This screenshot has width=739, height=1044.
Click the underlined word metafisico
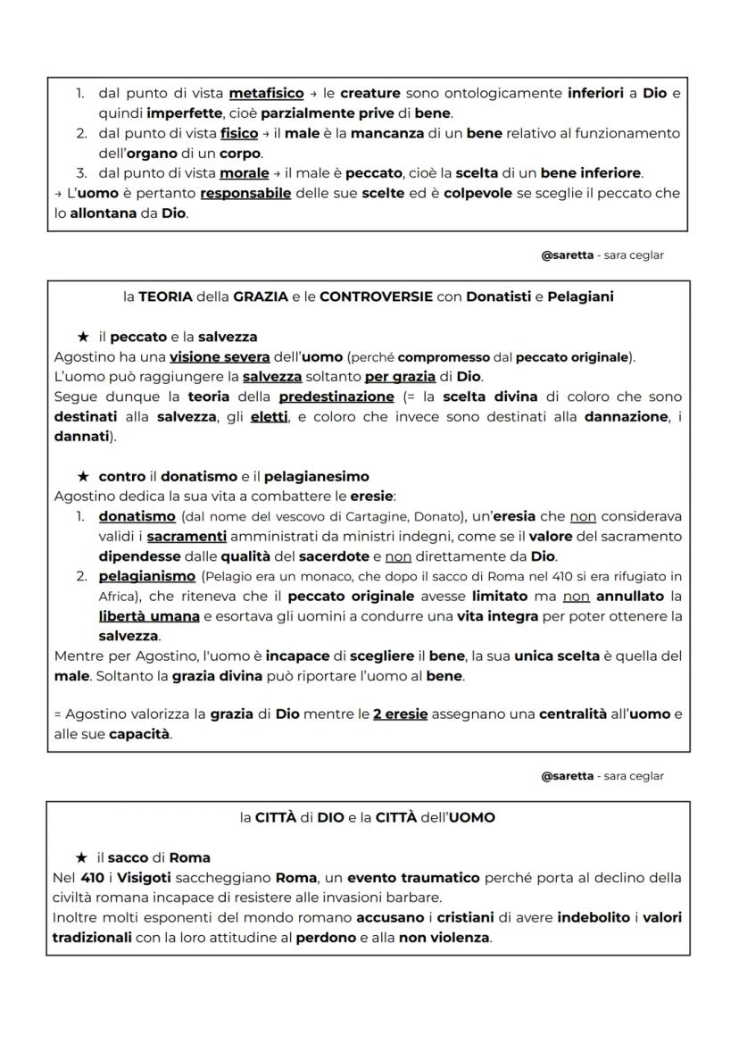[x=266, y=93]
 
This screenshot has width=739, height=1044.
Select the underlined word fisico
[x=238, y=133]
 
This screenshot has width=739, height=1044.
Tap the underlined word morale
[x=245, y=173]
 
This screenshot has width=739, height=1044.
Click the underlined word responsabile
[x=245, y=193]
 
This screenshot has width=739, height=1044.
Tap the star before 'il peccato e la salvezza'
[x=83, y=337]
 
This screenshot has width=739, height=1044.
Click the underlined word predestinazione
[x=336, y=397]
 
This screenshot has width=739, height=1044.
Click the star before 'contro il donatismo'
[x=83, y=477]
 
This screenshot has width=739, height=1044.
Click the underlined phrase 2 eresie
[x=402, y=714]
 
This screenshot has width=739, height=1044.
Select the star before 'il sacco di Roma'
[x=83, y=857]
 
